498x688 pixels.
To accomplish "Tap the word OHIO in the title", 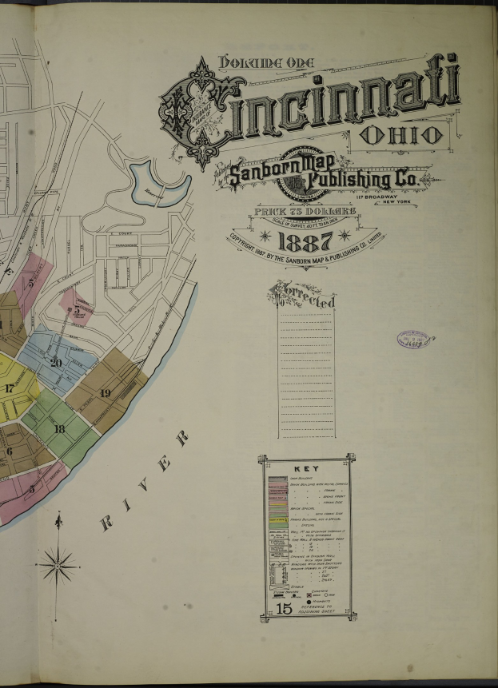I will pyautogui.click(x=402, y=135).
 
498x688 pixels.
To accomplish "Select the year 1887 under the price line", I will pyautogui.click(x=305, y=241).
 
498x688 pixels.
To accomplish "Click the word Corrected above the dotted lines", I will pyautogui.click(x=304, y=296).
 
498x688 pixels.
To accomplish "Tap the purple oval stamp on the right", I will pyautogui.click(x=414, y=339).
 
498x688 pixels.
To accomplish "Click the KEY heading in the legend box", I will pyautogui.click(x=307, y=469).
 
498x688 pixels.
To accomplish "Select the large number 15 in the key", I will pyautogui.click(x=284, y=609).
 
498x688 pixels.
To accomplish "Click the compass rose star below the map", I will pyautogui.click(x=58, y=566).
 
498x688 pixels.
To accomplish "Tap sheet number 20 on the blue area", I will pyautogui.click(x=55, y=362).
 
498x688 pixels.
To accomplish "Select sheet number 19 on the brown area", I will pyautogui.click(x=105, y=392).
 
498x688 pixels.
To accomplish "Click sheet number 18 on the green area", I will pyautogui.click(x=58, y=429).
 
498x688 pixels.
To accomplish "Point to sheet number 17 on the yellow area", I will pyautogui.click(x=9, y=388).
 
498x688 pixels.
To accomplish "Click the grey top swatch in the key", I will pyautogui.click(x=277, y=479).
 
